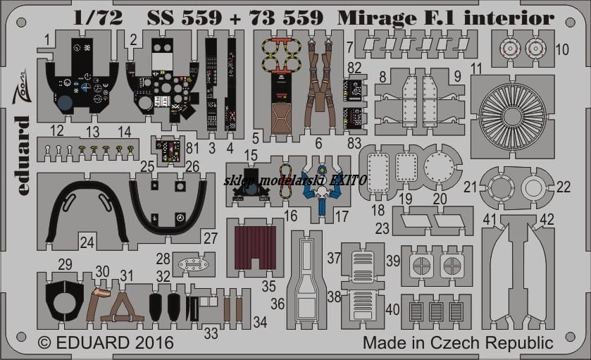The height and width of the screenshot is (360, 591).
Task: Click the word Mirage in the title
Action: (378, 18)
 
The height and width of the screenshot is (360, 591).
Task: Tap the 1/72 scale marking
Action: (98, 18)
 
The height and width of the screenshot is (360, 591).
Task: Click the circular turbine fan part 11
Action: (512, 116)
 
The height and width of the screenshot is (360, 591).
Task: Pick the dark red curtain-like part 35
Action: (255, 248)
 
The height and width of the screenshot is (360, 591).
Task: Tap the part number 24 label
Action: (87, 242)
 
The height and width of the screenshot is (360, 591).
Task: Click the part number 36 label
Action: (278, 304)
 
